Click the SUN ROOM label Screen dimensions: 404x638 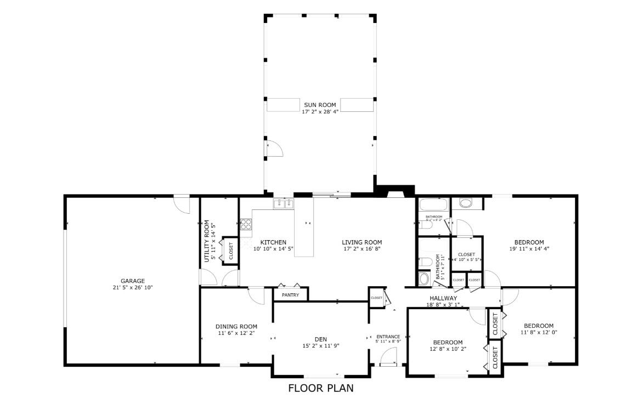point(320,105)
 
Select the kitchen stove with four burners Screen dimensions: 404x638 point(246,224)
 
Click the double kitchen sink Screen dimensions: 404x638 point(284,204)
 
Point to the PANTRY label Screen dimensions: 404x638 point(290,295)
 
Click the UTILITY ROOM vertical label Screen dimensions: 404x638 point(207,241)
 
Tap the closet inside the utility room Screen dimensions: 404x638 point(230,251)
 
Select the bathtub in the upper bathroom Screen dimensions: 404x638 point(433,206)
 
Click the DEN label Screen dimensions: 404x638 point(321,339)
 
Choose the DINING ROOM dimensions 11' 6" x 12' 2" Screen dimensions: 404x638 point(236,333)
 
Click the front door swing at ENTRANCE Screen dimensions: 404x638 point(389,359)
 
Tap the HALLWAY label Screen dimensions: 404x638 point(443,298)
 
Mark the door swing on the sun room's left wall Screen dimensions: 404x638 point(274,149)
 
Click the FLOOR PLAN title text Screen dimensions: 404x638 point(321,388)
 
